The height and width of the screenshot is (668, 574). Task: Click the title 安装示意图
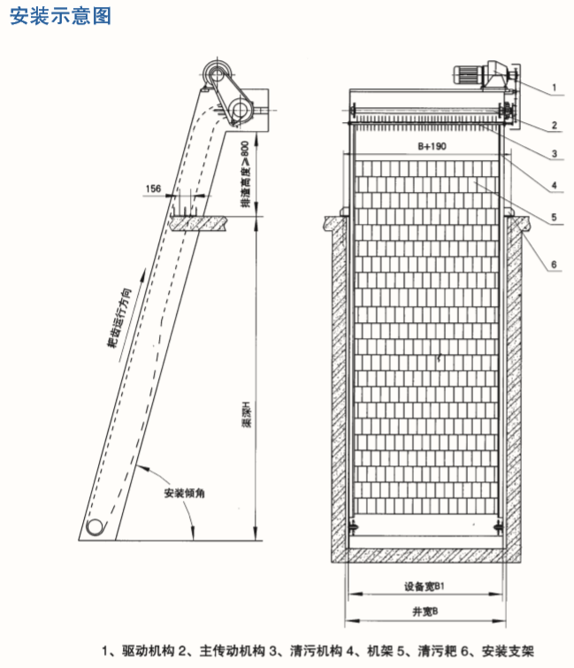click(x=60, y=16)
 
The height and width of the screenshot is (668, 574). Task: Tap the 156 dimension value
click(x=153, y=188)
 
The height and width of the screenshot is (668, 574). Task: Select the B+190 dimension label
click(x=432, y=146)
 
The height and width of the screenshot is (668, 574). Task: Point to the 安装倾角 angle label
click(x=184, y=493)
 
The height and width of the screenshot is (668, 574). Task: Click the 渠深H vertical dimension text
click(x=247, y=414)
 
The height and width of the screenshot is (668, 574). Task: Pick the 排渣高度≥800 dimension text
click(x=245, y=174)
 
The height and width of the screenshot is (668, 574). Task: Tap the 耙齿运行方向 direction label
click(x=119, y=318)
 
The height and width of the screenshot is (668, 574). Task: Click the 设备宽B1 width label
click(x=425, y=587)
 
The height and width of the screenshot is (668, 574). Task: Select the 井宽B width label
click(x=425, y=611)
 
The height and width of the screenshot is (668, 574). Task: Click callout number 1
click(x=554, y=88)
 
